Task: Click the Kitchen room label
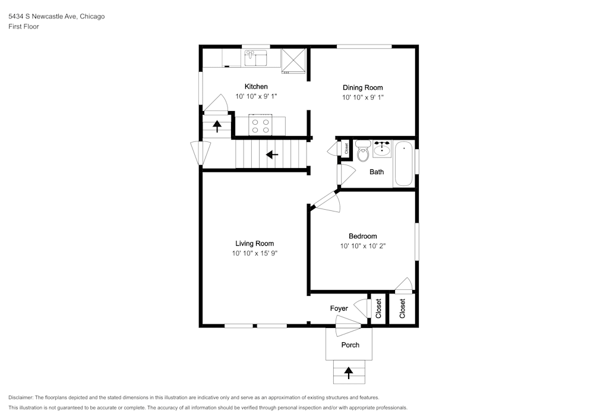tap(256, 87)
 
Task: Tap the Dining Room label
tap(362, 88)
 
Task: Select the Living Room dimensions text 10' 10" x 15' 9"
tap(255, 253)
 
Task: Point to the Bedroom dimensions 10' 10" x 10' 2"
tap(362, 246)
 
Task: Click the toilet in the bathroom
tap(362, 151)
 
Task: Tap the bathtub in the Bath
tap(403, 163)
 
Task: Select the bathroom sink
tap(381, 149)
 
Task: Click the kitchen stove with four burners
tap(260, 125)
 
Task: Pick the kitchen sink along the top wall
tap(256, 58)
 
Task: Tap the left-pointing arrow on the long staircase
tap(272, 155)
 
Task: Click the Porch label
tap(350, 345)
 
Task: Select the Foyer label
tap(339, 309)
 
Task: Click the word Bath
tap(377, 172)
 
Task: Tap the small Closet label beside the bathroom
tap(346, 149)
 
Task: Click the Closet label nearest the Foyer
tap(378, 309)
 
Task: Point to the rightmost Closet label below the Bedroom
tap(402, 309)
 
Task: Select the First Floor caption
tap(24, 27)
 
